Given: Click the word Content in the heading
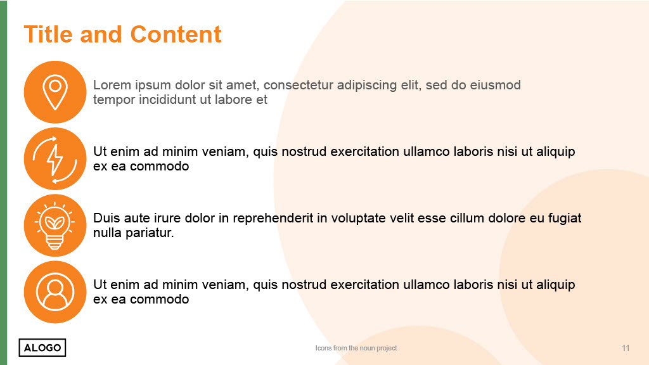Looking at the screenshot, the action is pyautogui.click(x=176, y=34).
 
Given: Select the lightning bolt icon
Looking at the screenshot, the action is pyautogui.click(x=55, y=158).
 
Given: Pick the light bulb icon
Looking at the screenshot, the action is pyautogui.click(x=55, y=225).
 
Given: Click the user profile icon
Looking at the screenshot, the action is pyautogui.click(x=55, y=291).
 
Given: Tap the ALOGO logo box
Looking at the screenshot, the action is pyautogui.click(x=42, y=348).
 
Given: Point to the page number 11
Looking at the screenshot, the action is pyautogui.click(x=626, y=348).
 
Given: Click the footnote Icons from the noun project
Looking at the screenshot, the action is pyautogui.click(x=356, y=348).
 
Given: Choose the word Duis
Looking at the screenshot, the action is pyautogui.click(x=106, y=218).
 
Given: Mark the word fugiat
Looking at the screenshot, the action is pyautogui.click(x=565, y=219).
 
